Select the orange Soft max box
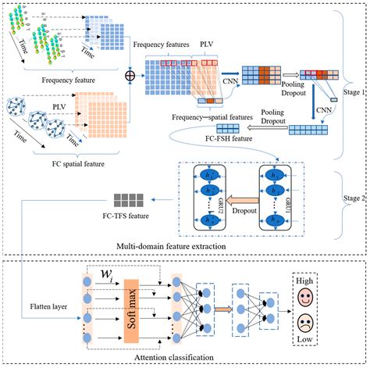(133, 318)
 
